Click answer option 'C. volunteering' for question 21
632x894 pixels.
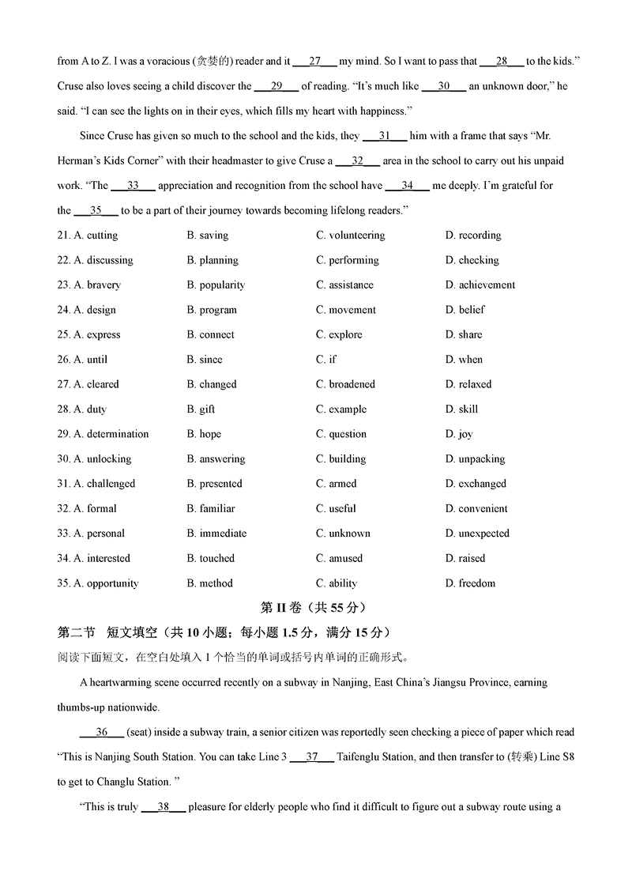coord(350,236)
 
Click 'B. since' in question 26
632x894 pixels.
coord(205,360)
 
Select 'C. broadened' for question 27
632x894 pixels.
coord(345,384)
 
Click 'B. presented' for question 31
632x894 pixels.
coord(214,484)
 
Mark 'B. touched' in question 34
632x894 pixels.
coord(210,559)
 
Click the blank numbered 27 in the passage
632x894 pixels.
coord(315,61)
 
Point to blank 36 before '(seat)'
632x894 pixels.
coord(102,732)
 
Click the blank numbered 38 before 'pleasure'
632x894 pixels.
coord(164,807)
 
